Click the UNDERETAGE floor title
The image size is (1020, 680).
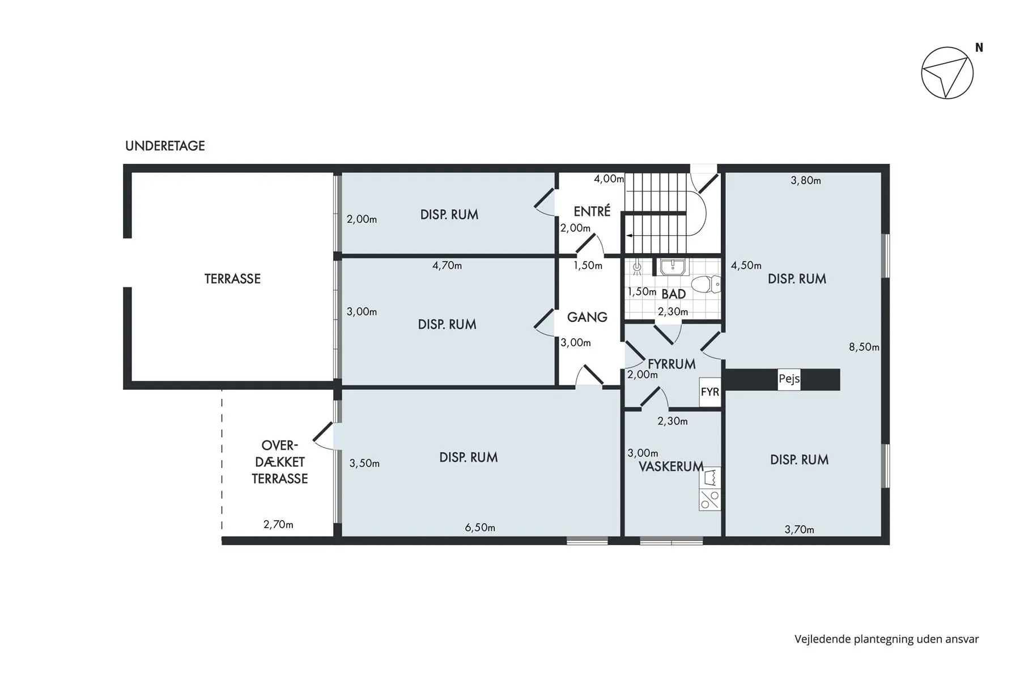click(x=165, y=146)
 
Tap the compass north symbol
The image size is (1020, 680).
click(x=947, y=73)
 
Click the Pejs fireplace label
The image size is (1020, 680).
click(x=789, y=379)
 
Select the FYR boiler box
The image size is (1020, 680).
click(x=710, y=392)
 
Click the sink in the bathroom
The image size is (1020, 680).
click(x=674, y=267)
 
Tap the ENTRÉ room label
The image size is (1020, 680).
click(x=592, y=211)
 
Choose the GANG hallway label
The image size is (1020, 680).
click(x=587, y=317)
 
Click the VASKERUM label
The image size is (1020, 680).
click(x=671, y=466)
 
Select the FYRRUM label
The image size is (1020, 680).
click(x=671, y=364)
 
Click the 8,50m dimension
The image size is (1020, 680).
click(x=864, y=347)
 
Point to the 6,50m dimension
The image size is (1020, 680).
click(x=480, y=528)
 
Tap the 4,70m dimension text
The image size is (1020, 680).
click(x=447, y=265)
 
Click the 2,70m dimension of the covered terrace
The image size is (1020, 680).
click(x=278, y=525)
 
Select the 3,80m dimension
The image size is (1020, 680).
click(x=806, y=181)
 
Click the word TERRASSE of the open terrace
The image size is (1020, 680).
click(x=232, y=279)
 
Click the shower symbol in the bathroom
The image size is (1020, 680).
click(x=637, y=266)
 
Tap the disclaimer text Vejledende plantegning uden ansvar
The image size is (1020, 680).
click(x=886, y=639)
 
